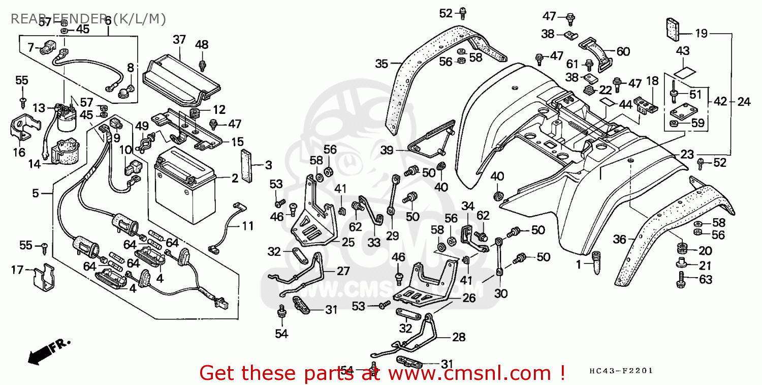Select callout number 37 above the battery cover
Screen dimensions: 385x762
(x=179, y=39)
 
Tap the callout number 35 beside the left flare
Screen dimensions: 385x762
(x=382, y=64)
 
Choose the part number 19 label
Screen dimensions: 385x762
(x=701, y=34)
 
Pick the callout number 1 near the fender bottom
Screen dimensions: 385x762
(x=578, y=264)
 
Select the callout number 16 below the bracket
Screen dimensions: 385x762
(x=19, y=152)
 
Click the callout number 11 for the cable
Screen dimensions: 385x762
(x=247, y=225)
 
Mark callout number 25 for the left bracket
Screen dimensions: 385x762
(x=348, y=242)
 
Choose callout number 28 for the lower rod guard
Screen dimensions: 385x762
(x=458, y=337)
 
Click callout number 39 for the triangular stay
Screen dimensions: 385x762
(x=387, y=150)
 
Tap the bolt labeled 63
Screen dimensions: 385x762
(x=682, y=278)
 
